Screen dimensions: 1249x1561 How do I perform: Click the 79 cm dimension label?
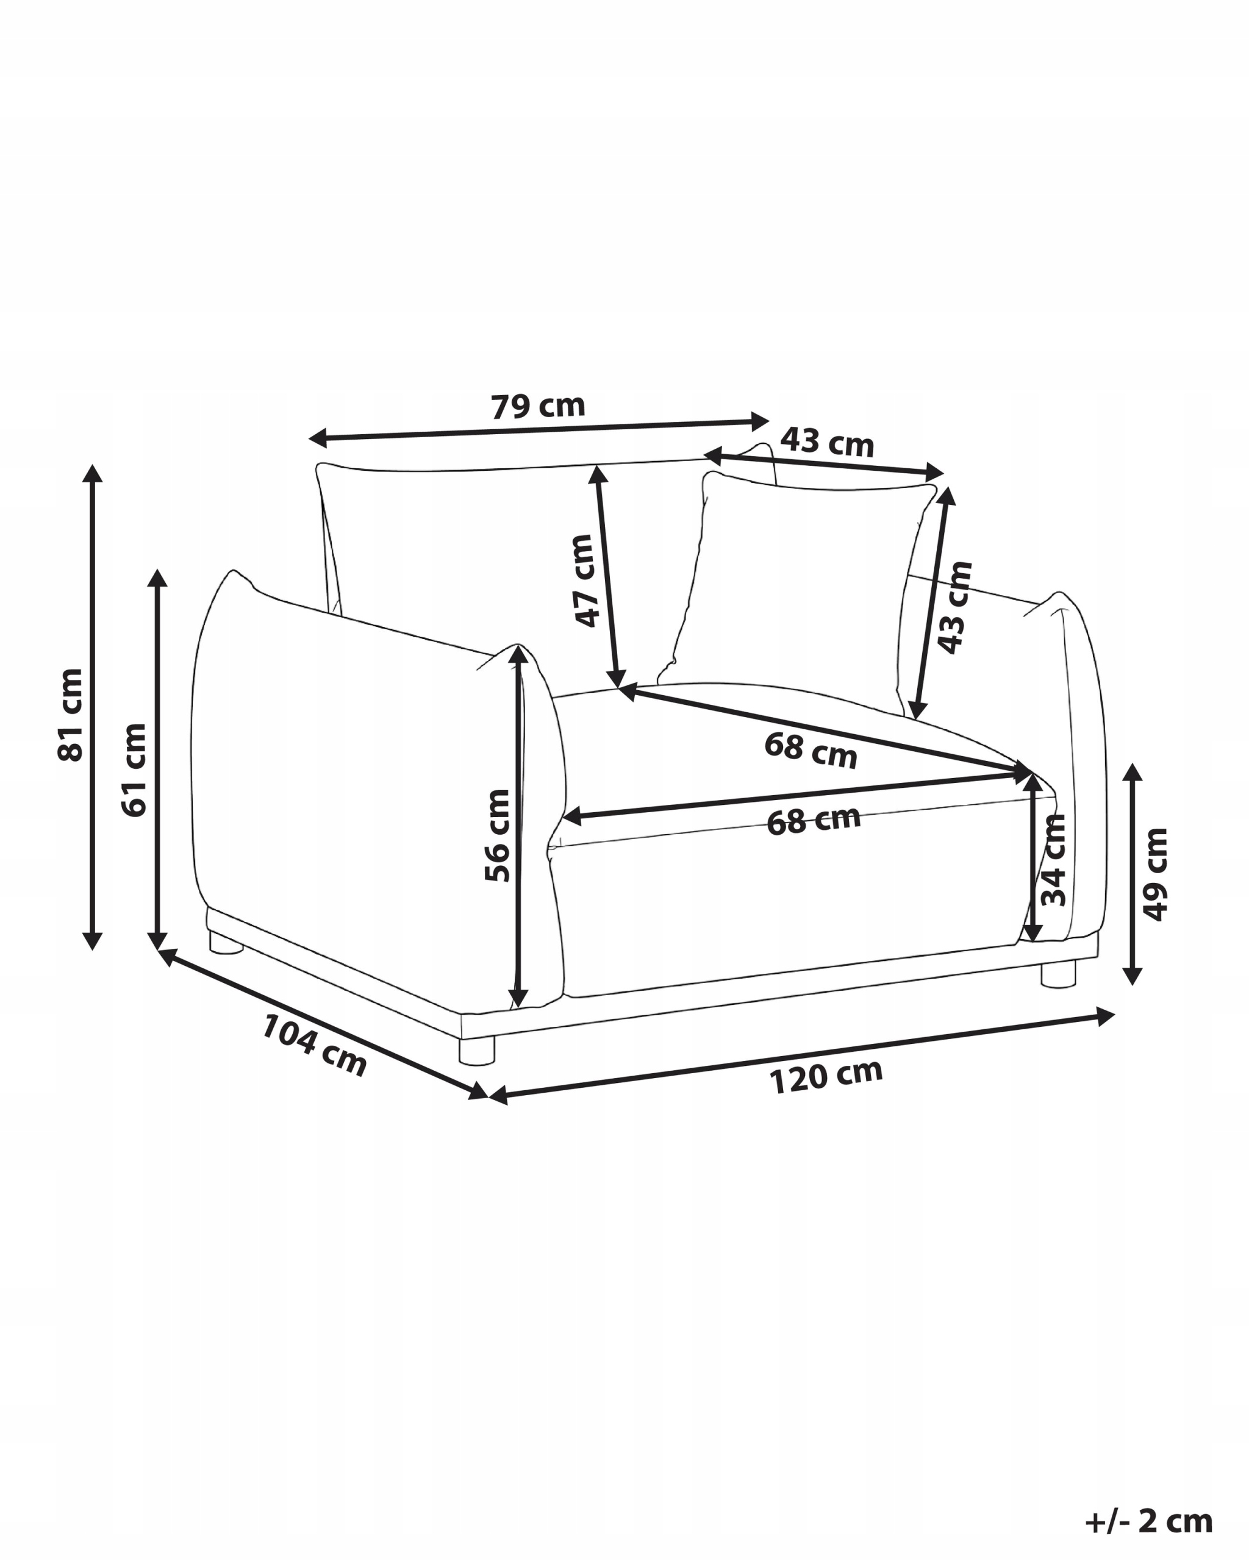point(538,405)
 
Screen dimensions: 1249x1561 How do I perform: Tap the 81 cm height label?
point(70,714)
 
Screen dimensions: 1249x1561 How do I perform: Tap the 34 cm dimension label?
point(1053,859)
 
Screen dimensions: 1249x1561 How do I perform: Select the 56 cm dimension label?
point(498,835)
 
